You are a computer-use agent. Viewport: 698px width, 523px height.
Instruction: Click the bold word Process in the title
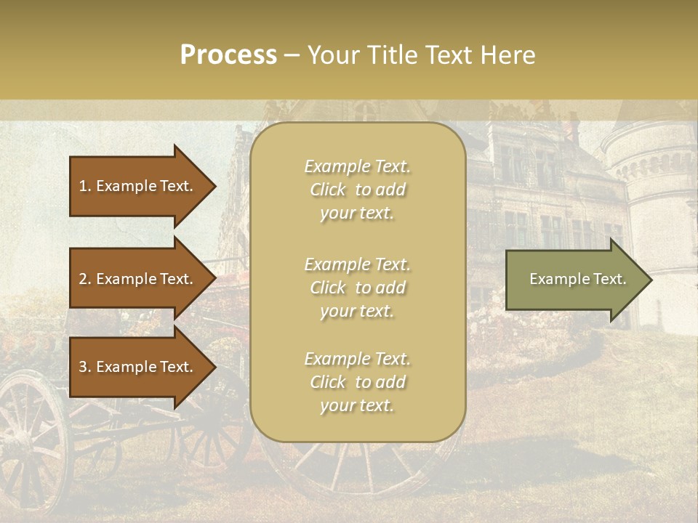[x=228, y=55]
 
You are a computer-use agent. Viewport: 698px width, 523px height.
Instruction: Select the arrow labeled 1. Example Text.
[x=138, y=186]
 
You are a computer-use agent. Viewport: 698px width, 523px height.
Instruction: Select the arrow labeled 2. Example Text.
[x=138, y=279]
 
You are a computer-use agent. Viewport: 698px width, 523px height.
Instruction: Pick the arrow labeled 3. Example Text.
[x=138, y=367]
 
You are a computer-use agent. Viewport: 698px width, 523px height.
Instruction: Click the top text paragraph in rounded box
[x=357, y=190]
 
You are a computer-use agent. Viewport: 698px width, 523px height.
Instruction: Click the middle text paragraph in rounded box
[x=357, y=288]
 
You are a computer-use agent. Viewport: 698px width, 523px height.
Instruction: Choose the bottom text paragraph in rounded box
[x=357, y=382]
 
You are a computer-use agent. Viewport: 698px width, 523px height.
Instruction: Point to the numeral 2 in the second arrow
[x=83, y=279]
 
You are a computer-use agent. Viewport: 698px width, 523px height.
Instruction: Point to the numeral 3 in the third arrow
[x=83, y=367]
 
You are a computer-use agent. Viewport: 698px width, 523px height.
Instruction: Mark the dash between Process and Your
[x=292, y=56]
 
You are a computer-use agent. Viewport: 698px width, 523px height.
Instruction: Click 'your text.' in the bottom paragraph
[x=357, y=406]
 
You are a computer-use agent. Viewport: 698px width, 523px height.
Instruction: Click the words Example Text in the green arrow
[x=577, y=279]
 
